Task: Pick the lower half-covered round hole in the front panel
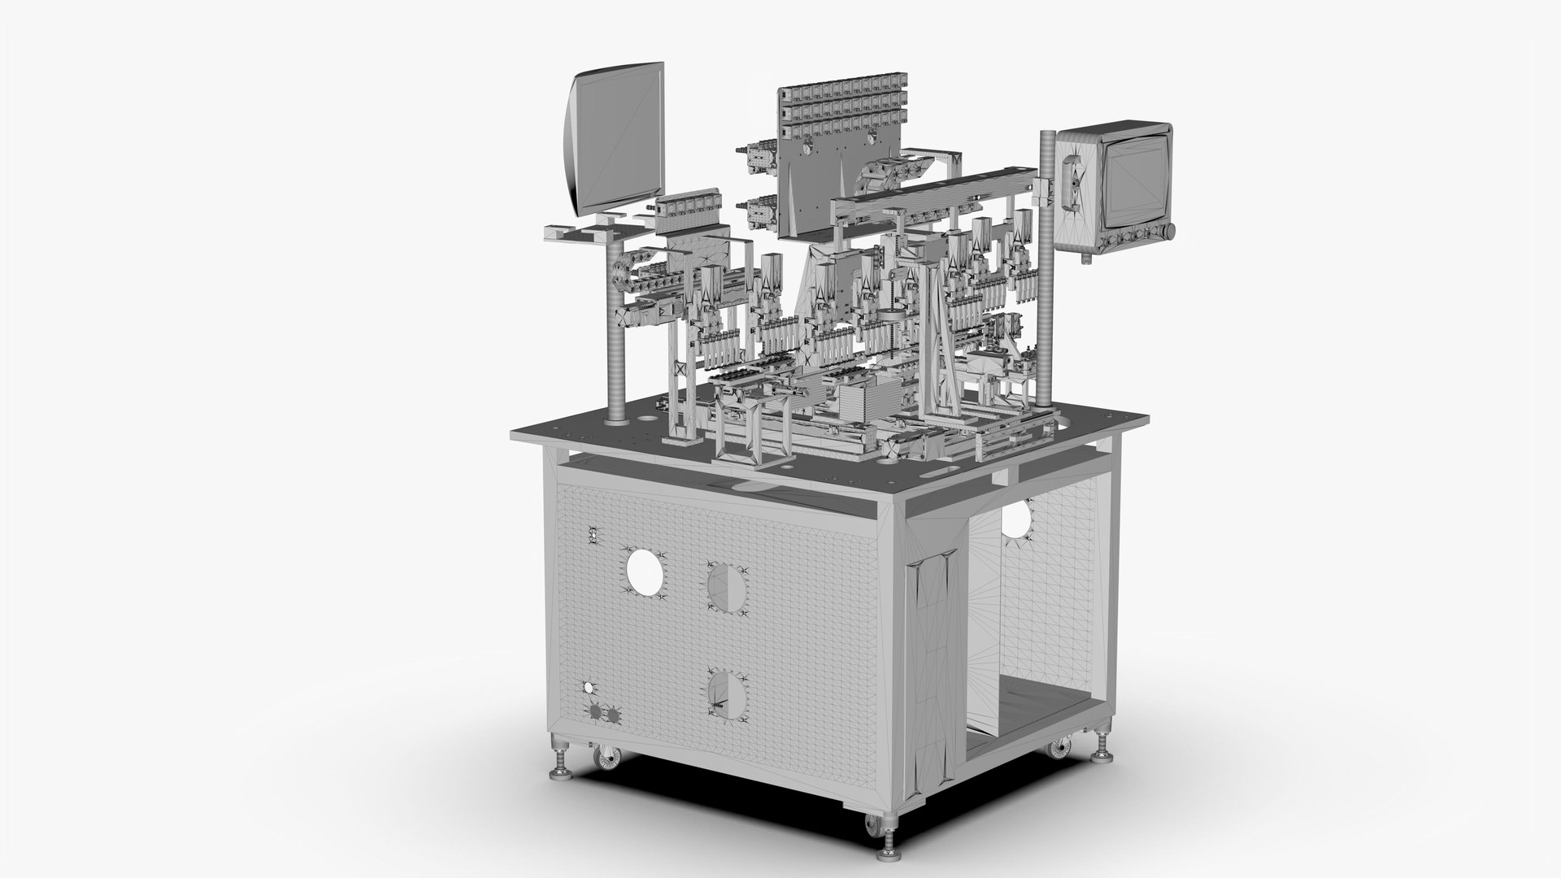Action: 728,696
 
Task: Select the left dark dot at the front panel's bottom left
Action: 595,712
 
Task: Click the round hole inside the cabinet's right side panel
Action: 1014,519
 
